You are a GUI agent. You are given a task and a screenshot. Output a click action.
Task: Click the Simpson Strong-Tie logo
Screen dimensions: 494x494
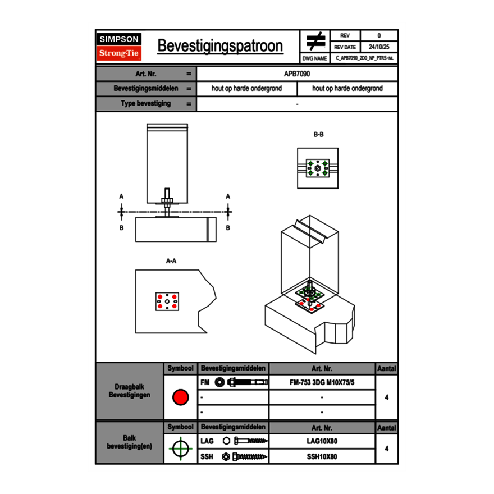120,47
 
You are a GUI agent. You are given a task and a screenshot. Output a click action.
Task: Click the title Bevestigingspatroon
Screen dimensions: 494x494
220,46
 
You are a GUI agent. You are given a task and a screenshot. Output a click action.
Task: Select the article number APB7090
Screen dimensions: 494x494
297,74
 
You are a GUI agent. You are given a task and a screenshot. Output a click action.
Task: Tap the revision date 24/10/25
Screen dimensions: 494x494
379,47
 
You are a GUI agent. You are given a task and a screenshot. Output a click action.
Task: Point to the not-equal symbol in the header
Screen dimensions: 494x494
315,42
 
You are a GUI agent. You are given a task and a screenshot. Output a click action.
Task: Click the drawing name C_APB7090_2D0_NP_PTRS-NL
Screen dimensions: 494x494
364,58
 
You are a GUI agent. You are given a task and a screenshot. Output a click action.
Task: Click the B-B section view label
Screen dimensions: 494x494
318,135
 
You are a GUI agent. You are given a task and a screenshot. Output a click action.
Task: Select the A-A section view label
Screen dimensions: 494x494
171,261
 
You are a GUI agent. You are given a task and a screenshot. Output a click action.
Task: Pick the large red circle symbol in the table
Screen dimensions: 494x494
180,397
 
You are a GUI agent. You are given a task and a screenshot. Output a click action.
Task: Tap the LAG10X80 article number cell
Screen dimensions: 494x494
322,441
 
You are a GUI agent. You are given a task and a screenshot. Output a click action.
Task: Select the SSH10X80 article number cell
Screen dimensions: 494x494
322,456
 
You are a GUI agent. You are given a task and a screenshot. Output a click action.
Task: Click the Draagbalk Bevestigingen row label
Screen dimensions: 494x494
129,391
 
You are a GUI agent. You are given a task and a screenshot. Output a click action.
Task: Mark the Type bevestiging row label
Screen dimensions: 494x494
146,104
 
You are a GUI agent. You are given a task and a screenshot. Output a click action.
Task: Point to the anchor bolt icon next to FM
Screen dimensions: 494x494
242,382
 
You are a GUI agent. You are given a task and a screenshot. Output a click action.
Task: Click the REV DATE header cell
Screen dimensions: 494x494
345,47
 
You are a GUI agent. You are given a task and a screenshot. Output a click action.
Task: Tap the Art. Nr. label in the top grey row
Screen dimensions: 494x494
146,74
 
